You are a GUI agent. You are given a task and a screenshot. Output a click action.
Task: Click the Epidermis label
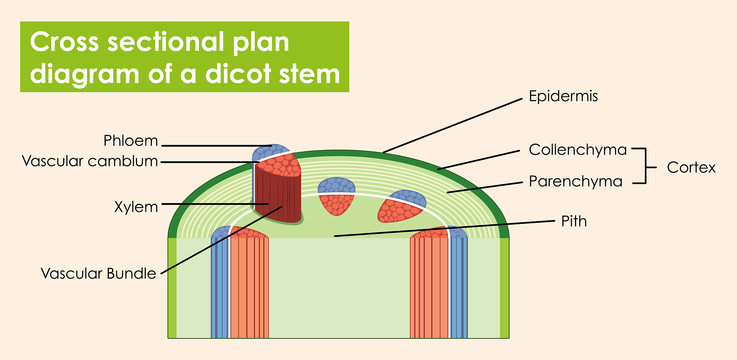point(563,96)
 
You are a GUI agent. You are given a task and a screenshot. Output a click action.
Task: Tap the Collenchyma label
point(578,150)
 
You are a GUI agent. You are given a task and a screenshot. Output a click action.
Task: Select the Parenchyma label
point(575,181)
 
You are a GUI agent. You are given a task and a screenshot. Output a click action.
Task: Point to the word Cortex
point(691,168)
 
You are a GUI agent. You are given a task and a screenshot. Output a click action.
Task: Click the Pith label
point(574,221)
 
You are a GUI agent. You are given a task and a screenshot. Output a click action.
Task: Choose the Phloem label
point(131,141)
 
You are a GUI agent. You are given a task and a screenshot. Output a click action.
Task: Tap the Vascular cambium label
point(90,161)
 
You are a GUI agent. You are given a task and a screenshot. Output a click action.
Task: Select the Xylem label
point(136,207)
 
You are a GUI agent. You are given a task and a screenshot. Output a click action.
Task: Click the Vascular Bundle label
point(98,274)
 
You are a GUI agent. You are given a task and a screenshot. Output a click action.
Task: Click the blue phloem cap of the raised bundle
point(268,151)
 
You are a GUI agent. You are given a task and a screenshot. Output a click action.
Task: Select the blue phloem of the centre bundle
point(336,185)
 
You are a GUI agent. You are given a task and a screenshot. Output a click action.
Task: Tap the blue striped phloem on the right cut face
point(458,288)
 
